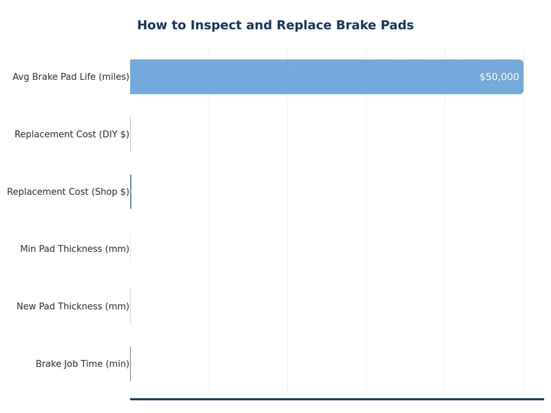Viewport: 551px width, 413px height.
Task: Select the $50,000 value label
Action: click(499, 77)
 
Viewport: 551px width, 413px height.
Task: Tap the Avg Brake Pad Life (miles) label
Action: click(70, 77)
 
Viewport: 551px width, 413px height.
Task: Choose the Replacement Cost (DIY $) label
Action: click(72, 134)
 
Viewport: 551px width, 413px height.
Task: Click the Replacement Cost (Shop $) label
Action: click(67, 191)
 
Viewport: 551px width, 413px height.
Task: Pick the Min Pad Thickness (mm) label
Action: click(74, 248)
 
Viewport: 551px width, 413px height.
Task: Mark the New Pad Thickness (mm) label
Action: click(72, 306)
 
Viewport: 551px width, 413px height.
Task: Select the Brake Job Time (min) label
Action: click(82, 363)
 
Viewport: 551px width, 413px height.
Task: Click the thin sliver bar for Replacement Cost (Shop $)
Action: click(131, 191)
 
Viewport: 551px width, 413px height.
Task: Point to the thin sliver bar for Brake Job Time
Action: click(130, 363)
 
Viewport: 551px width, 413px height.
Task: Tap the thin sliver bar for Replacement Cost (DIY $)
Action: click(130, 134)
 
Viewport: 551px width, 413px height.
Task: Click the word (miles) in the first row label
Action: click(114, 77)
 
